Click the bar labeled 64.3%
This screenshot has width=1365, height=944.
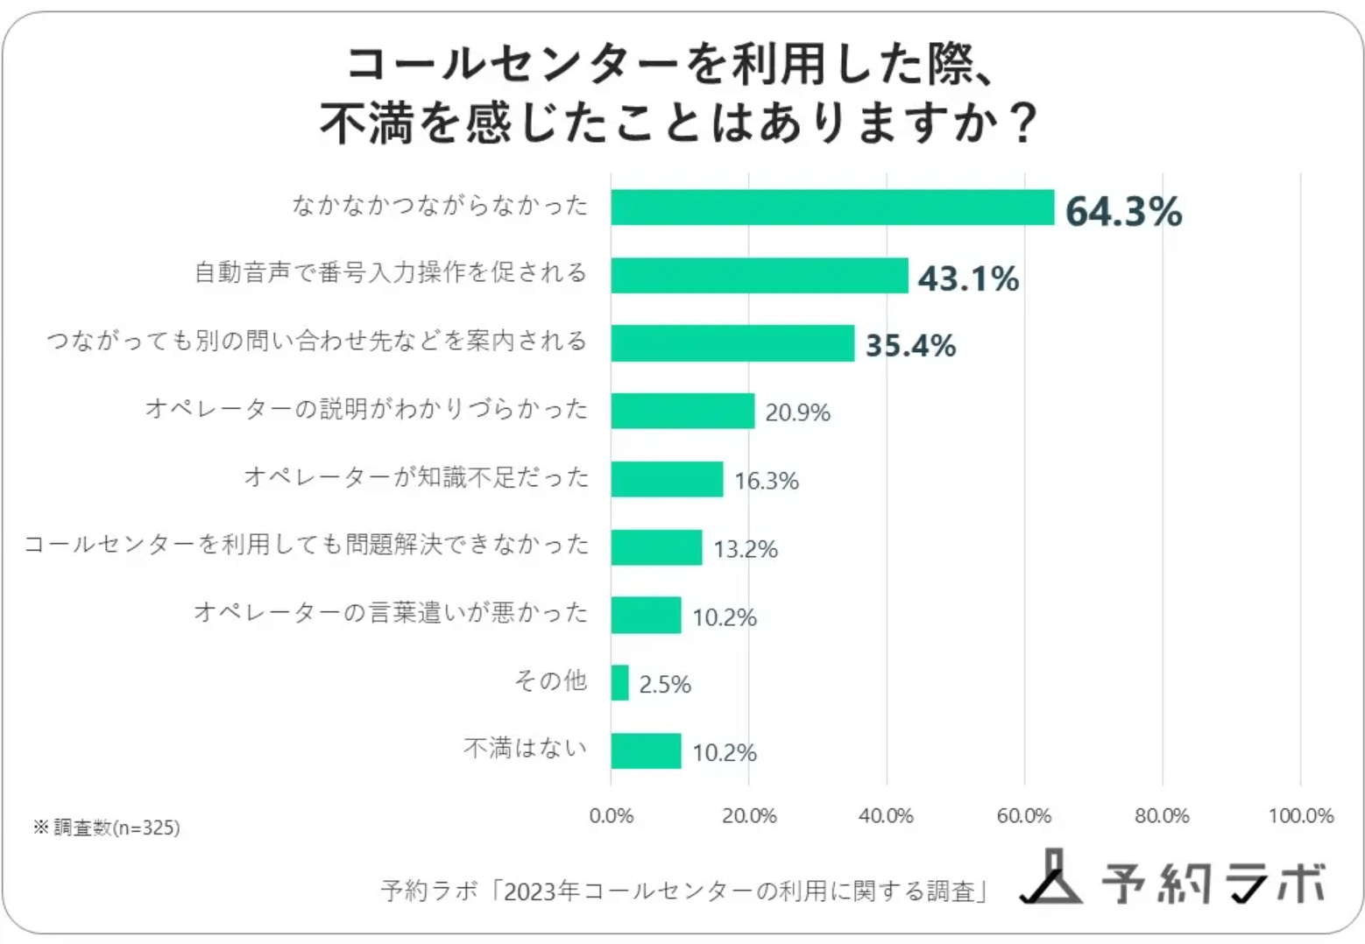click(x=832, y=208)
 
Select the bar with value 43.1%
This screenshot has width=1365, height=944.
click(x=760, y=276)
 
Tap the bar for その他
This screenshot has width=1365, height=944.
click(x=619, y=683)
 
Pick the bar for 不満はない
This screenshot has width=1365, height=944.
click(x=646, y=751)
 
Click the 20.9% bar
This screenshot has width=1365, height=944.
click(x=682, y=412)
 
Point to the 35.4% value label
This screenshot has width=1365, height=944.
click(x=910, y=345)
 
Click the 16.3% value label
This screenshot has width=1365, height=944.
click(x=767, y=481)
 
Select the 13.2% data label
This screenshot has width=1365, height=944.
click(x=746, y=549)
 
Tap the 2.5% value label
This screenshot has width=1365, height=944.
click(x=665, y=684)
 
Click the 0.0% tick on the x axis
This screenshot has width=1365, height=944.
click(x=611, y=816)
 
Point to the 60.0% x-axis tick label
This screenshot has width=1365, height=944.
click(x=1024, y=816)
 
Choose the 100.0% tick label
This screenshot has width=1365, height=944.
click(x=1301, y=816)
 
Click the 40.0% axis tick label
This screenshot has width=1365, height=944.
click(x=886, y=816)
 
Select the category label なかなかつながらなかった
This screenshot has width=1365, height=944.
click(x=440, y=206)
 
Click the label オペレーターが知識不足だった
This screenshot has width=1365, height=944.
click(x=416, y=477)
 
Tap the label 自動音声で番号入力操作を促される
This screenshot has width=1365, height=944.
click(x=391, y=273)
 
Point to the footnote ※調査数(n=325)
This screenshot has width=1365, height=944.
click(x=106, y=828)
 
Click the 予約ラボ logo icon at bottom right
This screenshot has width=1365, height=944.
click(x=1052, y=877)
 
